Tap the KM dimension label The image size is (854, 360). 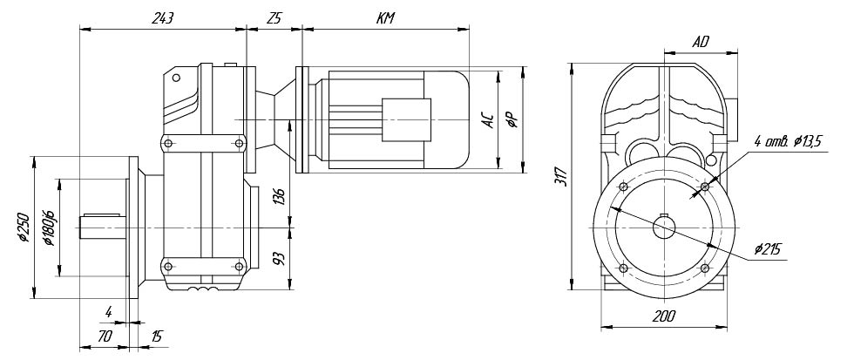(384, 18)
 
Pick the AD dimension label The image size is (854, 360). (700, 41)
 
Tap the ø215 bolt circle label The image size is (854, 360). (767, 249)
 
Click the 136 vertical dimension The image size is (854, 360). (279, 196)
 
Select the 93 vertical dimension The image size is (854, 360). (279, 260)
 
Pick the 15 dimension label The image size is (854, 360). (155, 335)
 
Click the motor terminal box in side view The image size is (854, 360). (406, 117)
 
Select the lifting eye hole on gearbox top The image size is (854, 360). (176, 78)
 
